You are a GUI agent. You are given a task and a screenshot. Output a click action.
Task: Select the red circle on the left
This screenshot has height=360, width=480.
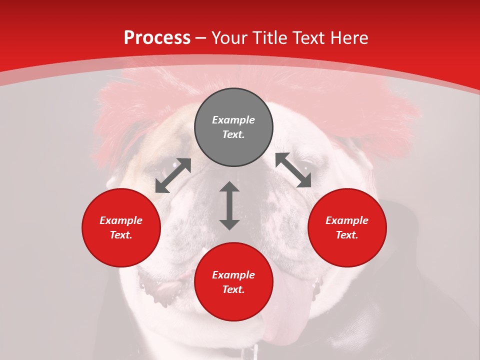[x=121, y=227]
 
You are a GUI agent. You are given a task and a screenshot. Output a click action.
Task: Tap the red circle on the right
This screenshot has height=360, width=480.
[x=347, y=227]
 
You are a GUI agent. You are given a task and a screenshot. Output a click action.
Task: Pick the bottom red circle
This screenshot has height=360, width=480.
[x=233, y=282]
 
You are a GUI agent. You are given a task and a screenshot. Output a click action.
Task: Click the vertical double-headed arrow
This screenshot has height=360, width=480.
[x=229, y=206]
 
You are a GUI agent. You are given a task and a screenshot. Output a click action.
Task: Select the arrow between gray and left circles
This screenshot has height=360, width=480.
[x=173, y=175]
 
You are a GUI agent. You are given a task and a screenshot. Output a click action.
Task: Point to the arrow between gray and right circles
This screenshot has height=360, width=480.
[x=293, y=170]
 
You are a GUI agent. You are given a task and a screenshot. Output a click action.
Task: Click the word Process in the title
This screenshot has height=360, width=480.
[x=157, y=37]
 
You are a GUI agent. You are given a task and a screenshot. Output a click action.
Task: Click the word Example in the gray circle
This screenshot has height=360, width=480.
[x=233, y=120]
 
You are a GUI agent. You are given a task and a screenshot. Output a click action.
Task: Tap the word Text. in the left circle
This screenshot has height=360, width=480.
[x=121, y=235]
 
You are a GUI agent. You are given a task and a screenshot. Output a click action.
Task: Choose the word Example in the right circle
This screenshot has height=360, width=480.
[x=347, y=220]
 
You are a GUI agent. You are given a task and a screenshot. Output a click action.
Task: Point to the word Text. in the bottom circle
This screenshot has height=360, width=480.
[x=233, y=289]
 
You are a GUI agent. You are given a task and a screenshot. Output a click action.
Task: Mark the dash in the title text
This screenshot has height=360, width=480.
[x=201, y=38]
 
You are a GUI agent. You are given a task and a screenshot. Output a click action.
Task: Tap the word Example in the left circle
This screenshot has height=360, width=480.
[x=121, y=220]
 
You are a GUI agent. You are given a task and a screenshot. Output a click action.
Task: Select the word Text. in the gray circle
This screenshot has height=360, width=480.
[x=233, y=134]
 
